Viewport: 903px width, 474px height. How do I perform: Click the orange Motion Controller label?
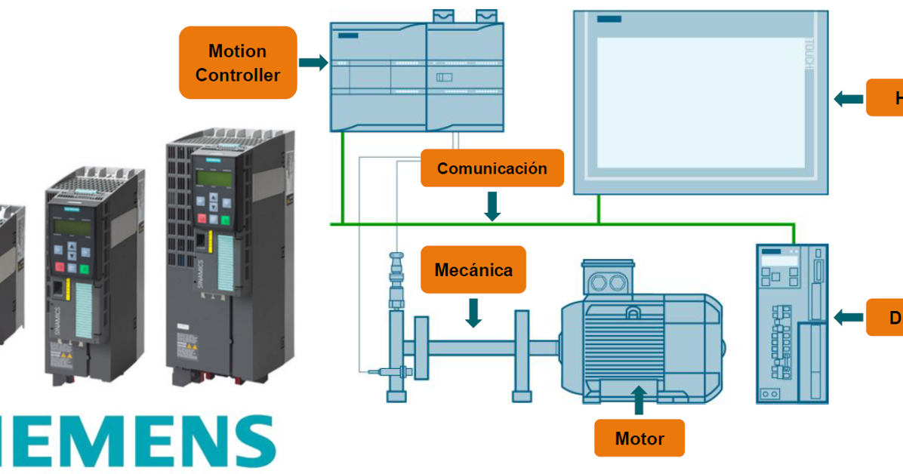pyautogui.click(x=237, y=63)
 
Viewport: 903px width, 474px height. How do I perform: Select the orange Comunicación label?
pyautogui.click(x=492, y=168)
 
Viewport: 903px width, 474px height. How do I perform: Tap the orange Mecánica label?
pyautogui.click(x=473, y=269)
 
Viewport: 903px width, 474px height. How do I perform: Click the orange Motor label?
pyautogui.click(x=639, y=438)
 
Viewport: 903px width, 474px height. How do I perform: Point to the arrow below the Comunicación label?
pyautogui.click(x=492, y=205)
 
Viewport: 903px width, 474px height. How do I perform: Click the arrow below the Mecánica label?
pyautogui.click(x=473, y=312)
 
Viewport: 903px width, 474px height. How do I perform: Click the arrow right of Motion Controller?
pyautogui.click(x=313, y=63)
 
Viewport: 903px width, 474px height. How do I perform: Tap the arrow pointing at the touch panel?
pyautogui.click(x=849, y=98)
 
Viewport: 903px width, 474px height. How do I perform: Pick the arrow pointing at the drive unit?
pyautogui.click(x=849, y=318)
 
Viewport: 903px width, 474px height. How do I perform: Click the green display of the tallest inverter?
pyautogui.click(x=213, y=177)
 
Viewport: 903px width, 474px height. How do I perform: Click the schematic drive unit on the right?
pyautogui.click(x=792, y=323)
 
